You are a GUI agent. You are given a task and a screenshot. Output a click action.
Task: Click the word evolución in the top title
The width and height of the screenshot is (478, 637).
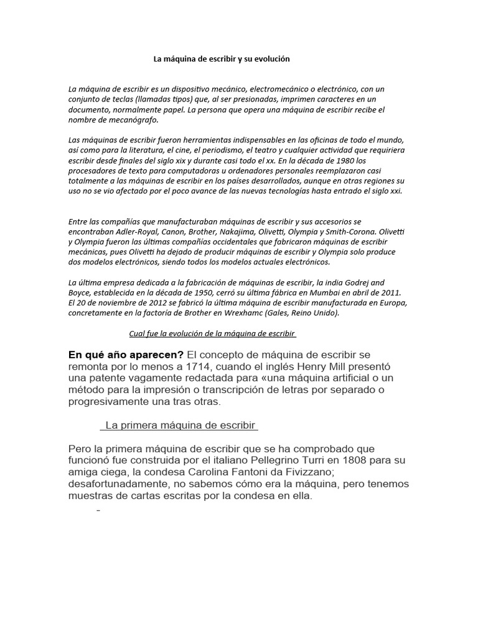(x=269, y=59)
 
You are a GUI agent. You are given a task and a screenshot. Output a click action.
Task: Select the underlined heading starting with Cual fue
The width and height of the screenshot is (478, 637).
(x=212, y=333)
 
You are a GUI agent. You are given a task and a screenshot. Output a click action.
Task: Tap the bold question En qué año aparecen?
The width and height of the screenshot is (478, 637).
(x=126, y=355)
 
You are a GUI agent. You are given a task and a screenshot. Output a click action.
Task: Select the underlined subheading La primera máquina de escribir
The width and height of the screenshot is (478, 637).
(x=180, y=425)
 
